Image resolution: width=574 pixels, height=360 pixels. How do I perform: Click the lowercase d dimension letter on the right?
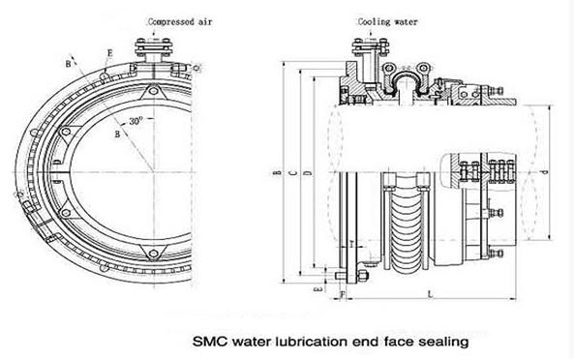[x=548, y=174]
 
